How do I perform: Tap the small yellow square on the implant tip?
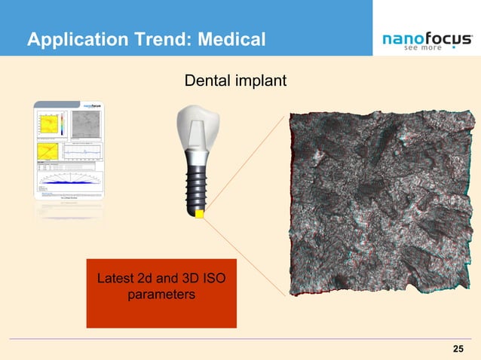(x=200, y=215)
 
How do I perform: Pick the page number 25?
(x=457, y=349)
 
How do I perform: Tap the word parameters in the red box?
(x=161, y=295)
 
